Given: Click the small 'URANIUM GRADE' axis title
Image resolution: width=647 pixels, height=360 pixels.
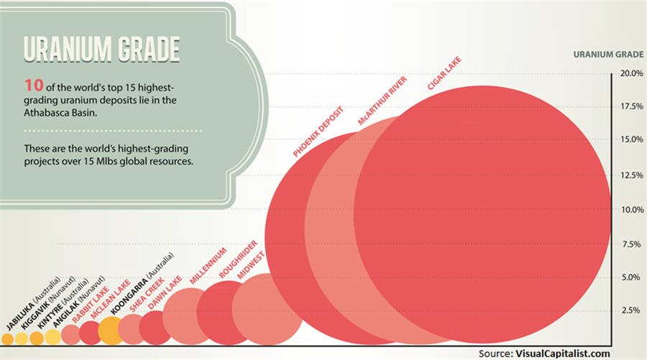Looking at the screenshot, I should (x=608, y=55).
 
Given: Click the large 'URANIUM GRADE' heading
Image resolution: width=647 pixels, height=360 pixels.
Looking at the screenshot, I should (x=101, y=49).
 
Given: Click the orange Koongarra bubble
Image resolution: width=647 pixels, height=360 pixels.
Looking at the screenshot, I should (x=110, y=331).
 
